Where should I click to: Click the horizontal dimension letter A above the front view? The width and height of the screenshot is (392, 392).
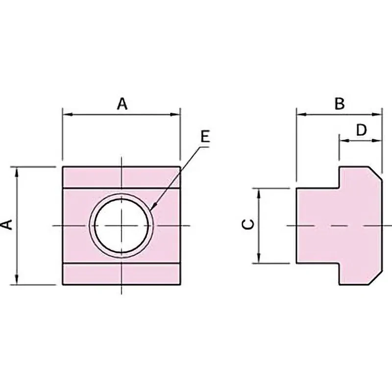click(x=122, y=104)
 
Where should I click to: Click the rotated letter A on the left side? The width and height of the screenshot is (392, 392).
click(x=8, y=224)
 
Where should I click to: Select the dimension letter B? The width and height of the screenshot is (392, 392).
click(x=340, y=103)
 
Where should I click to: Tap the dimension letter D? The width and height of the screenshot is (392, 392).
click(x=361, y=130)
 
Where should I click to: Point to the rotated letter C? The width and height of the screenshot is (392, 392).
click(x=248, y=224)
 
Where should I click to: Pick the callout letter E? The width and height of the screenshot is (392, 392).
click(x=205, y=137)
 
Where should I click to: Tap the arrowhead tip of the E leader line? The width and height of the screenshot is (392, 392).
click(x=152, y=208)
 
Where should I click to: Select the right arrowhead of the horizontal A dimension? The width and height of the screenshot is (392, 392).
click(x=175, y=115)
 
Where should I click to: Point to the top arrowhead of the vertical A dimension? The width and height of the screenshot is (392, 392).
click(x=17, y=171)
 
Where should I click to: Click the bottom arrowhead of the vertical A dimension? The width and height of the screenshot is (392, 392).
click(x=17, y=280)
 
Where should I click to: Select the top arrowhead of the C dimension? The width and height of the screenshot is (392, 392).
click(x=259, y=193)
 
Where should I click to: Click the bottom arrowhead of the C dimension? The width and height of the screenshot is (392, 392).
click(x=259, y=258)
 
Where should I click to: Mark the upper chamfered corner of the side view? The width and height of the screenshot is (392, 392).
click(x=376, y=173)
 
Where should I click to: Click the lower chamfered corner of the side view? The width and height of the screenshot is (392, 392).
click(x=376, y=278)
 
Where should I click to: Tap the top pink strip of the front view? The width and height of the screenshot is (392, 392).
click(x=121, y=177)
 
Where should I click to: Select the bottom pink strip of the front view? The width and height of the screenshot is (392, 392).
click(x=121, y=274)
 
